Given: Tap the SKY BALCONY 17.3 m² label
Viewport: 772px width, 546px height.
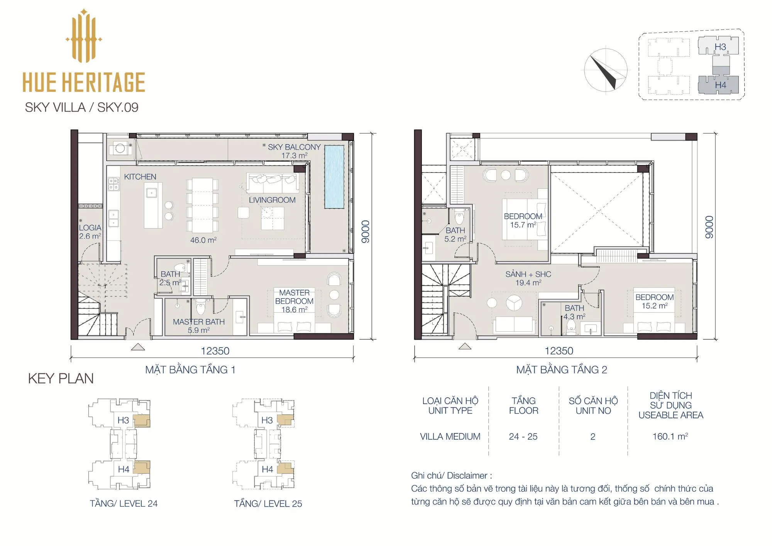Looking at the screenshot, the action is pos(294,151).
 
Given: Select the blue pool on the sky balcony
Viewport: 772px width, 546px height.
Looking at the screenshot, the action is pos(334,177).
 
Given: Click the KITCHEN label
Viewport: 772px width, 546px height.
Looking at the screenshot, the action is pos(140,177).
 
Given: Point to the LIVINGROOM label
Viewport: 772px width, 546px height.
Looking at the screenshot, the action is pos(272,200).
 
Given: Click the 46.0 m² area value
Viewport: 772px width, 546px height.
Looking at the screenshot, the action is pos(203,240).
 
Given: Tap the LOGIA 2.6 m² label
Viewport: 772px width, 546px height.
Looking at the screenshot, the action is pos(90,232).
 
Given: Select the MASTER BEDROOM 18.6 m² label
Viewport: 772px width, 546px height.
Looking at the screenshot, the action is pos(294,301).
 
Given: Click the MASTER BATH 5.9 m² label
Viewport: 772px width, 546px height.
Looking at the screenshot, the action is pos(199,326).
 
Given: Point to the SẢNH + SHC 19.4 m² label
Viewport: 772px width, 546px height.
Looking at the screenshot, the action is pos(528,278).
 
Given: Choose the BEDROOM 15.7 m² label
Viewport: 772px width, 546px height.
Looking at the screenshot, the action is pos(523,220).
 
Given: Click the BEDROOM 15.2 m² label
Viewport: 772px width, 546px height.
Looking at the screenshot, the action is pos(655,302).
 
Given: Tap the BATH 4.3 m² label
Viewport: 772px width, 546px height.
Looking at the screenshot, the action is pos(574,312).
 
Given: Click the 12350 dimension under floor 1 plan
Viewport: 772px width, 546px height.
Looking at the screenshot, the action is pos(215,351).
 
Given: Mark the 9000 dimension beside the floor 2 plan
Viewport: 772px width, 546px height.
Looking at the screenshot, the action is pos(709,227).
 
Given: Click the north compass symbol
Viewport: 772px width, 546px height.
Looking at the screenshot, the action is pos(605,70).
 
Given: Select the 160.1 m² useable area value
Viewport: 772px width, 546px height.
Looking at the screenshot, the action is pos(670,436).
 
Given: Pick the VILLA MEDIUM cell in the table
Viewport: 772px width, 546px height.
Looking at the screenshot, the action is pos(450,437).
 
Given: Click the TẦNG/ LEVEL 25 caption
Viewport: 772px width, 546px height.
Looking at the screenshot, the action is pos(268,504).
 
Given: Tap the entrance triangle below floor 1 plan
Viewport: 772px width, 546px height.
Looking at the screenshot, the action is pos(138,347).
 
